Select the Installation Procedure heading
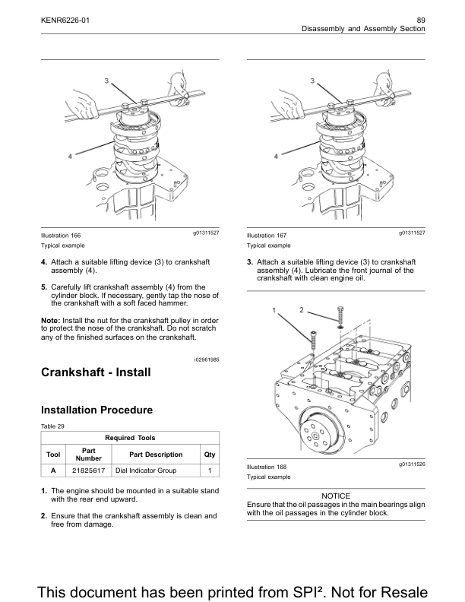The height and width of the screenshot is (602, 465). (x=96, y=410)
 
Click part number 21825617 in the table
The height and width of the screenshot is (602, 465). (x=88, y=471)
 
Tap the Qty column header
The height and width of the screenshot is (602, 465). (x=209, y=455)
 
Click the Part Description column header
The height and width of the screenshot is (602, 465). (x=156, y=455)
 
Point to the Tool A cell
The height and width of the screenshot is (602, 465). (x=53, y=471)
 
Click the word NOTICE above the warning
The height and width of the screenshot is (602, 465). (x=336, y=495)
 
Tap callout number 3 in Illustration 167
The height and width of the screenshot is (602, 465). (x=312, y=80)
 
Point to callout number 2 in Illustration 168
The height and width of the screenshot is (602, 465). (x=301, y=309)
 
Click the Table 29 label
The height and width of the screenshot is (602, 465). (x=54, y=426)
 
